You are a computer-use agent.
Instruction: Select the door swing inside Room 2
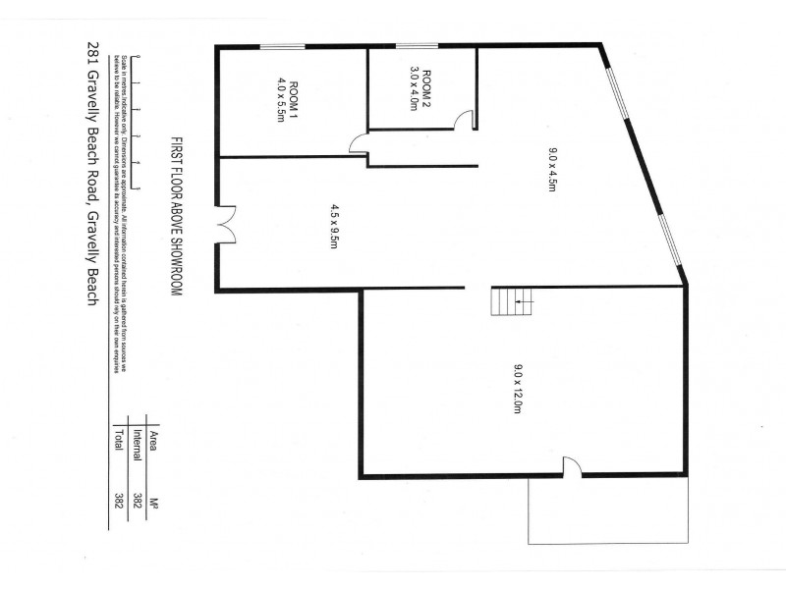click(465, 120)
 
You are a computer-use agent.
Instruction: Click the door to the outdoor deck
click(572, 470)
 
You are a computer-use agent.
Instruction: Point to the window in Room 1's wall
click(281, 45)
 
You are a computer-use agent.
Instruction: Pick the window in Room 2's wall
click(417, 45)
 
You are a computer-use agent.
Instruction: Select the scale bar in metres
click(139, 106)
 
